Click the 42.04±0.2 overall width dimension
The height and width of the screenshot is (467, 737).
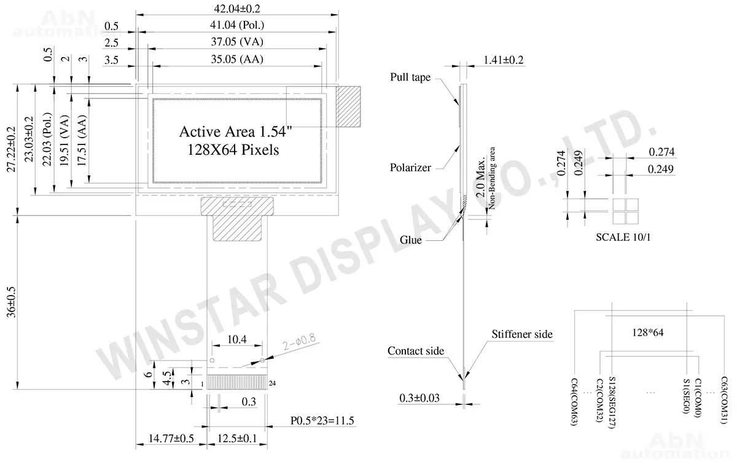coord(237,9)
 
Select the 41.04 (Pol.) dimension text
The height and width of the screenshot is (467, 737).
coord(237,25)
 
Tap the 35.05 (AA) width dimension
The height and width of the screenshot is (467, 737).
coord(237,59)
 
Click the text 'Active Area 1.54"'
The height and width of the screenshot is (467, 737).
coord(236,131)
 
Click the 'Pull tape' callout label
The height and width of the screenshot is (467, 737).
coord(410,77)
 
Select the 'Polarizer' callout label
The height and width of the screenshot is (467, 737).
coord(410,168)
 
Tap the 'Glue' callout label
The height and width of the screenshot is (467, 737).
coord(411,240)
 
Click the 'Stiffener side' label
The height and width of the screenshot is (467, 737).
coord(522,334)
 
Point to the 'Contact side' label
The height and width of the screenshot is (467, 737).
coord(416,351)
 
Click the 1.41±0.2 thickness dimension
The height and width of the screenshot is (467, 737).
coord(503,60)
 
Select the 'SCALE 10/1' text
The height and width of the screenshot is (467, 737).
coord(623,237)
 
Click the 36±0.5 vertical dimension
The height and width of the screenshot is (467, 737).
coord(11,302)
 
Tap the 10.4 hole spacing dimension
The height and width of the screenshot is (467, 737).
coord(237,339)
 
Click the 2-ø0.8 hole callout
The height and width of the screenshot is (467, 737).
coord(299,342)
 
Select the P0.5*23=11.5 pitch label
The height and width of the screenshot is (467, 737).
coord(322,420)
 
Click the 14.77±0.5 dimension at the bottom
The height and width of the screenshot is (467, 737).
coord(171,438)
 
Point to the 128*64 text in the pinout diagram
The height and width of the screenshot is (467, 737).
coord(647,332)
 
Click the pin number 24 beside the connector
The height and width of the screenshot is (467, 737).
coord(273,383)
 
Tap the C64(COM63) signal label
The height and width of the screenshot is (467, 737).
coord(574,402)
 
